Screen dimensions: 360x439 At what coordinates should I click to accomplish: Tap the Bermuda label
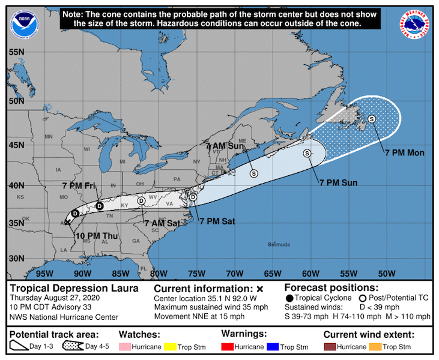pos(278,244)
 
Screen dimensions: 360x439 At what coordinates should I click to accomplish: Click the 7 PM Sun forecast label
pos(338,182)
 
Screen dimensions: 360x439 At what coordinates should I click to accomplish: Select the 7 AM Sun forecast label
pos(225,146)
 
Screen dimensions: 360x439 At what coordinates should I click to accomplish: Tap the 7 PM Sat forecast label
pos(217,221)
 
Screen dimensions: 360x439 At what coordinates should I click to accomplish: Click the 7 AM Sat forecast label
pos(162,223)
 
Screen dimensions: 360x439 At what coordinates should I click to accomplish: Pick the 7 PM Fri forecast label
pos(79,186)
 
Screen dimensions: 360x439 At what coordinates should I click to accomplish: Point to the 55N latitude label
pos(16,52)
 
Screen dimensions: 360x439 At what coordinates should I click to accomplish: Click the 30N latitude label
pos(16,259)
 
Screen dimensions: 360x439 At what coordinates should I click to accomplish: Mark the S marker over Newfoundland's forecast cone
pos(372,119)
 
